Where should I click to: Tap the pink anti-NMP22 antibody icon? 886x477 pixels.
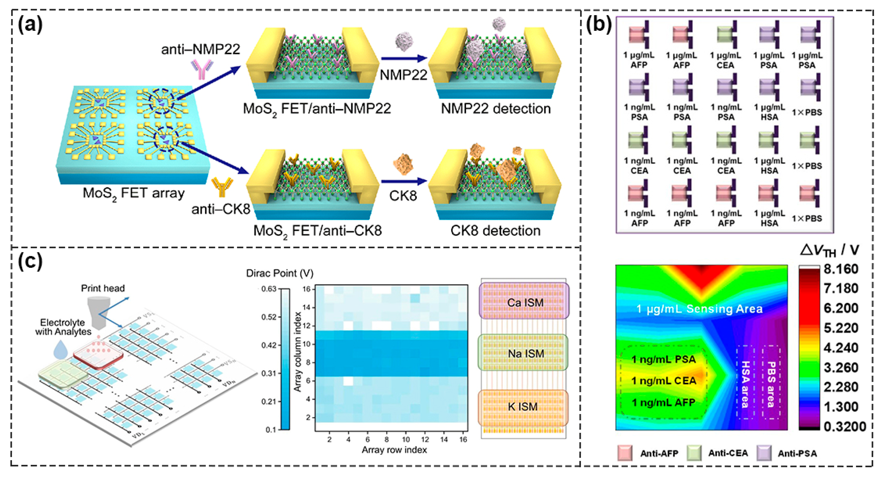click(202, 69)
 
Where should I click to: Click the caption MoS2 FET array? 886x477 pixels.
click(133, 193)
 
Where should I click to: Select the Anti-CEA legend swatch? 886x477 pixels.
click(694, 453)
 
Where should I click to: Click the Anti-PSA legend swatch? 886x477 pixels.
click(764, 453)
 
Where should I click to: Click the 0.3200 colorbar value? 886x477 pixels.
click(844, 426)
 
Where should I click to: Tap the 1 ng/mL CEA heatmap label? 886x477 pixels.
click(664, 381)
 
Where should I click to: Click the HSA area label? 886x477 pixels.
click(745, 384)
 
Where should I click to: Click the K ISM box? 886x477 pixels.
click(523, 407)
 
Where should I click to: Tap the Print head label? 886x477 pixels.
click(103, 288)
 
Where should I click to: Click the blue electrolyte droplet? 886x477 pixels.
click(61, 350)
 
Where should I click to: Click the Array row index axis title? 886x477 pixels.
click(394, 450)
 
